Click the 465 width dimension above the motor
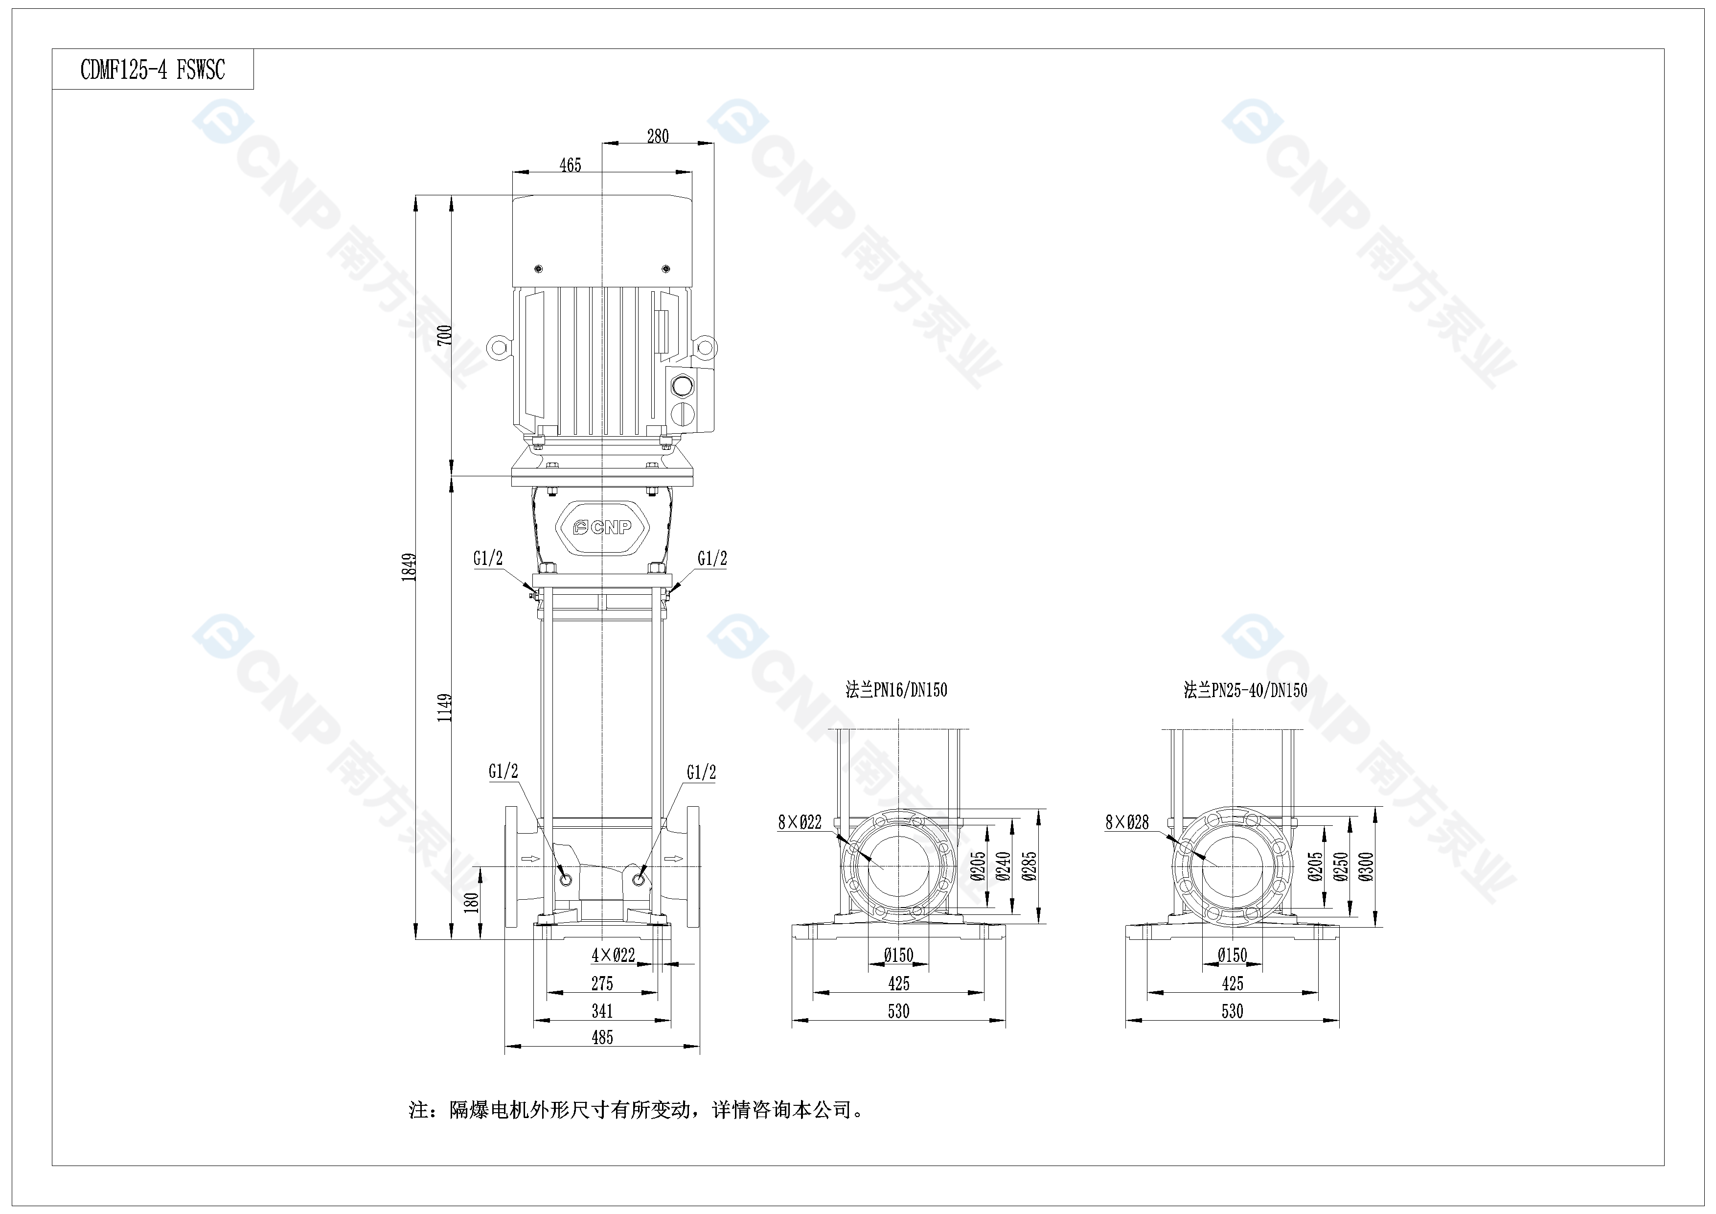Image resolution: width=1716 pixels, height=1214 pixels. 570,165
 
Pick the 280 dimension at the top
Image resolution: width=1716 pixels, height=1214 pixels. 658,136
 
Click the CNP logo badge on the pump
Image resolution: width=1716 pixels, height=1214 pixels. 602,527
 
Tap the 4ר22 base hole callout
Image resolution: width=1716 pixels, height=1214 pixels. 613,955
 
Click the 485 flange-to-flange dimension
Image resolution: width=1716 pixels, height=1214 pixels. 602,1037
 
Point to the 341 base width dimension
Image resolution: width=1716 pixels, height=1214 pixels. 602,1011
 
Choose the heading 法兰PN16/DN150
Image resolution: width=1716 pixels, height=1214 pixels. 896,690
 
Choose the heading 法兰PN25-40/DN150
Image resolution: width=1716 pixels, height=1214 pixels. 1245,690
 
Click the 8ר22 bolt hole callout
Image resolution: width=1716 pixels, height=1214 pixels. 799,822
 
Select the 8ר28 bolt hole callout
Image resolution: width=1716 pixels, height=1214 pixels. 1127,822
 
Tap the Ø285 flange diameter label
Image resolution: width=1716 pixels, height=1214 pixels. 1030,866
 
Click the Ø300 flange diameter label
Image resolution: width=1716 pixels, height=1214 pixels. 1367,866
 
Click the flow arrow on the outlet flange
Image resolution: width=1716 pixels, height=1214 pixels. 675,858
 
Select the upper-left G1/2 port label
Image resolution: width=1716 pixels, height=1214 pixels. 487,559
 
